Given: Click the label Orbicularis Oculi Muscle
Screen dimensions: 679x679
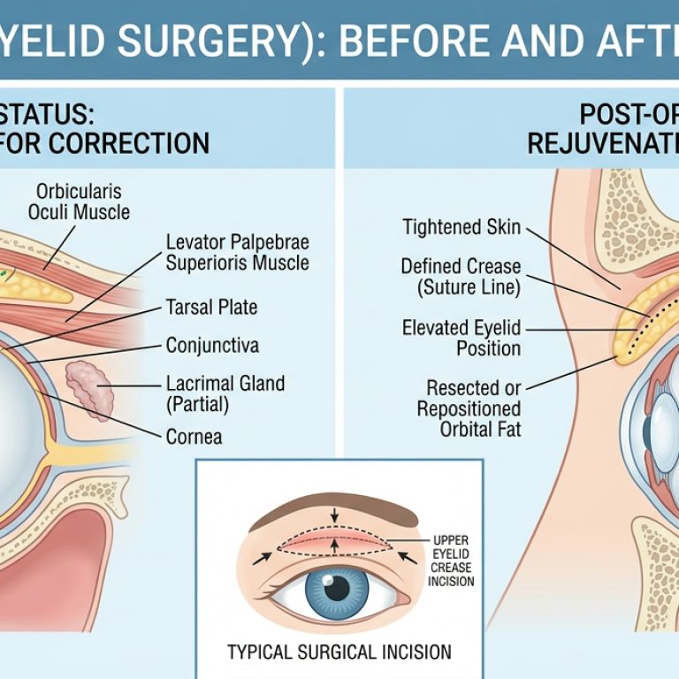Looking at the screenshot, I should point(79,202).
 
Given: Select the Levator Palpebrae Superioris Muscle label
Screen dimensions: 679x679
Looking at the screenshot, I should point(237,252).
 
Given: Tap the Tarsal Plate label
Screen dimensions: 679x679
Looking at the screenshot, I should point(211,308).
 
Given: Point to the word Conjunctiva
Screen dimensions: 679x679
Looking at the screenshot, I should point(212,345).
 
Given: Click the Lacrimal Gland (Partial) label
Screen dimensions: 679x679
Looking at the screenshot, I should point(225,393).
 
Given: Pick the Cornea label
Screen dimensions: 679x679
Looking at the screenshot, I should point(194,436).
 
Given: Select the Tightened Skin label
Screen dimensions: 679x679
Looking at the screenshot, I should point(462,227).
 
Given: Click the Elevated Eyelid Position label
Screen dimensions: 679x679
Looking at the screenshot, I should point(461,337).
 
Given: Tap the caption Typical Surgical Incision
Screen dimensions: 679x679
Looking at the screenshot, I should point(339,652).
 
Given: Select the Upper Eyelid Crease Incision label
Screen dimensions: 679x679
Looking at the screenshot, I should point(450,560).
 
